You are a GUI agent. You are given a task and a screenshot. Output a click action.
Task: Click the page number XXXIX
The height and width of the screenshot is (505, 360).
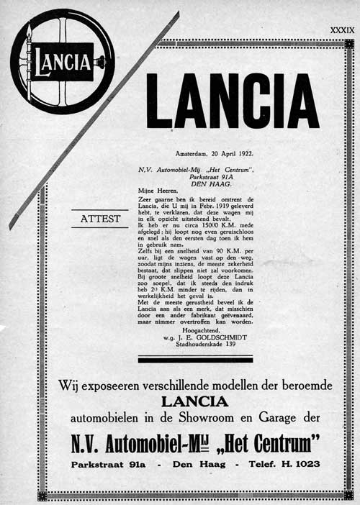(x=341, y=30)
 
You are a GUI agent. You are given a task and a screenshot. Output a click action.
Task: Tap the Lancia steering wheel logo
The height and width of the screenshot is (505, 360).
(x=60, y=60)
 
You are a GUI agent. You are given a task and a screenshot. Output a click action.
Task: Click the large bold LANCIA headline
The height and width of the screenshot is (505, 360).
(x=232, y=101)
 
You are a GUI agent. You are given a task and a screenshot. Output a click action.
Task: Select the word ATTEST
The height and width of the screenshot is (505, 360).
(x=100, y=218)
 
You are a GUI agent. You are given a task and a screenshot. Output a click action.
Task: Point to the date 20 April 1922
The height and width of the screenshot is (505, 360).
(x=215, y=153)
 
